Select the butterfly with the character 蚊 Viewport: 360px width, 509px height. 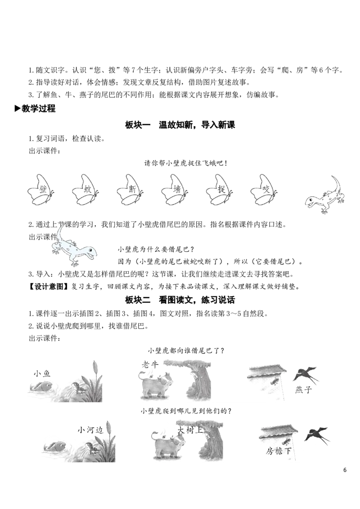click(85, 190)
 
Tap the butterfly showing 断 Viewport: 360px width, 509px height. click(130, 190)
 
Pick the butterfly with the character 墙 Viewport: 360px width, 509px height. click(175, 190)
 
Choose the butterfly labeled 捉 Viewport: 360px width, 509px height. click(219, 190)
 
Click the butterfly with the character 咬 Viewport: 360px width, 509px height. click(264, 190)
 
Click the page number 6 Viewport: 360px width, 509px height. click(345, 470)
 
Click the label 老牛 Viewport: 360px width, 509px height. click(150, 365)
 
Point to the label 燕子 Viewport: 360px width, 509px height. click(303, 389)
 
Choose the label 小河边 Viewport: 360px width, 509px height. click(90, 430)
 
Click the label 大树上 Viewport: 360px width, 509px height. click(190, 430)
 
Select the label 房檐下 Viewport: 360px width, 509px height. click(279, 451)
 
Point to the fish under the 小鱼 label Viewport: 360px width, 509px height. click(42, 386)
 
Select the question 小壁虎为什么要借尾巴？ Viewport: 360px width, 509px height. click(156, 250)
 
